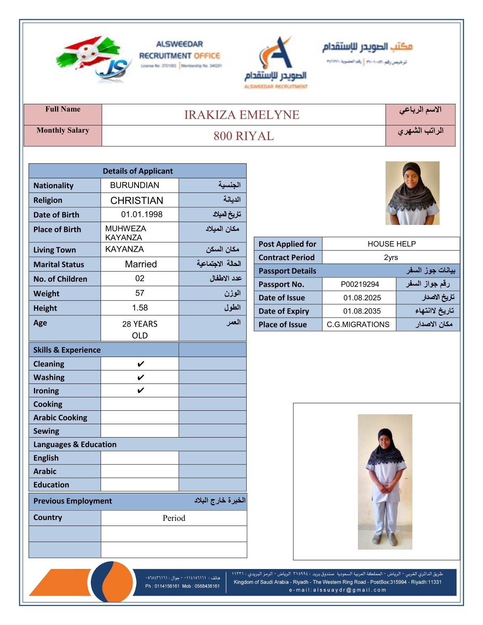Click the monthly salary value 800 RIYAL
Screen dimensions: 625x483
coord(243,136)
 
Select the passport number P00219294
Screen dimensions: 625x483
coord(359,284)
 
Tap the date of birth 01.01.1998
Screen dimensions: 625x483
coord(142,215)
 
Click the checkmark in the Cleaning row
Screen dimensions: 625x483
coord(140,364)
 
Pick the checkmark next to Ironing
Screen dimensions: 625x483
coord(140,391)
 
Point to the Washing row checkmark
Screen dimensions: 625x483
coord(140,378)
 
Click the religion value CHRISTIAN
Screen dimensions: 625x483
coord(137,200)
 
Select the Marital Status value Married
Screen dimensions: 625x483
coord(141,264)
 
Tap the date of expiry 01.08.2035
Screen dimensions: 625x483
coord(362,311)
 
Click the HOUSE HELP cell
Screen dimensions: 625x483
coord(391,244)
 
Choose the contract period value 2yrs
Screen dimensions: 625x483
coord(391,258)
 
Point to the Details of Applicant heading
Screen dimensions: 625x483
coord(138,171)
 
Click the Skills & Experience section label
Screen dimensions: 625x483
coord(67,350)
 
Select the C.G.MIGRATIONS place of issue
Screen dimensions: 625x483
coord(358,325)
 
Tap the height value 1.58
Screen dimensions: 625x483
coord(140,308)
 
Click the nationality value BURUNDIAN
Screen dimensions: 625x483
coord(135,185)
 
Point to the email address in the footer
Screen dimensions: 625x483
coord(337,590)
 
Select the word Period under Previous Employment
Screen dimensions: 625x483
coord(174,518)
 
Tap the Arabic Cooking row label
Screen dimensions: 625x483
coord(60,417)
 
